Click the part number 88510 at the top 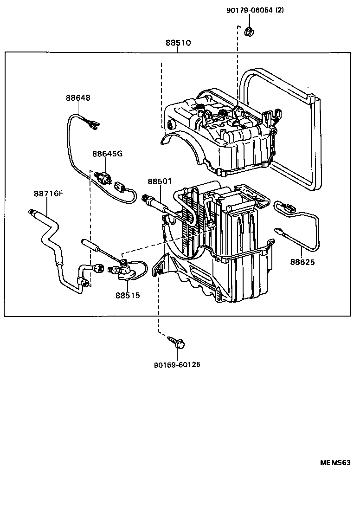coord(178,43)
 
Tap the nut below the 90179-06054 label coord(249,32)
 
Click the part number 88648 coord(77,98)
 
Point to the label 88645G coord(107,154)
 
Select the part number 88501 coord(160,181)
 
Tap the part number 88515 coord(128,295)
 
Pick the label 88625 coord(302,262)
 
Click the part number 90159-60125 coord(177,365)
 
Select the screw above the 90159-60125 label coord(176,343)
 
